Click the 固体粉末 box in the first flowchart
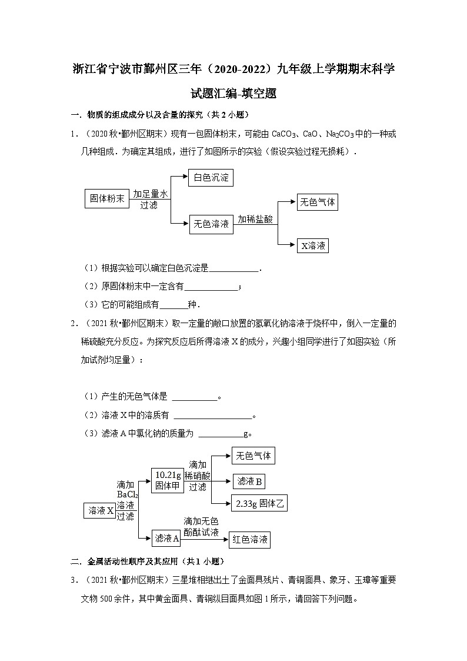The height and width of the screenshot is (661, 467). tap(106, 199)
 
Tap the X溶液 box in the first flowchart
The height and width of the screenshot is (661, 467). tap(313, 246)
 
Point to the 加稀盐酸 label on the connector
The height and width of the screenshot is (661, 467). tap(255, 219)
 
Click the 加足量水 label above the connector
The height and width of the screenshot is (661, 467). tap(150, 194)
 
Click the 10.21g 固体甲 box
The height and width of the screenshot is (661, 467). tap(168, 480)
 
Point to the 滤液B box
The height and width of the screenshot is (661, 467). tap(249, 481)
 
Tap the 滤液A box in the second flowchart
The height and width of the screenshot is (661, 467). tap(166, 537)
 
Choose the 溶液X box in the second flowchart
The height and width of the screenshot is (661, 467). tap(101, 510)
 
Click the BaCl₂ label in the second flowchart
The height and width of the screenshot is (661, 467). tap(126, 494)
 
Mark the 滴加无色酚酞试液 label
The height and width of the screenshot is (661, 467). tap(201, 526)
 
